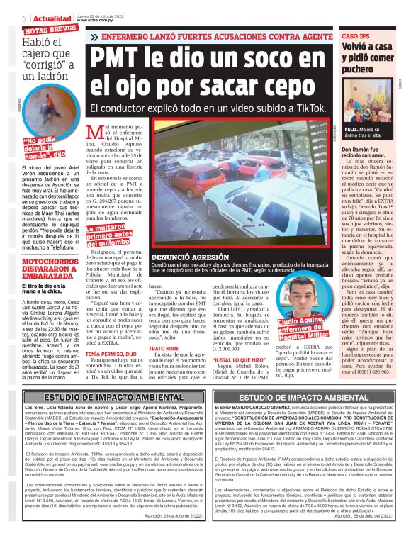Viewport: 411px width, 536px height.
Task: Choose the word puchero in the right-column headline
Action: [363, 70]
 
